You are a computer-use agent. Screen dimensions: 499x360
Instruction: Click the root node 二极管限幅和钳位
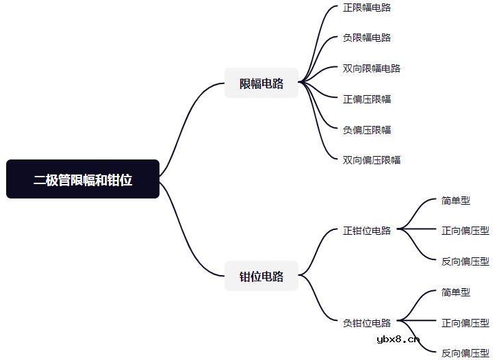click(x=83, y=179)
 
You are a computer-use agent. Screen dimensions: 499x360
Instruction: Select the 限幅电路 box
click(x=261, y=83)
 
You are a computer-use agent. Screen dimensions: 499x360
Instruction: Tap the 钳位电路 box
click(x=261, y=276)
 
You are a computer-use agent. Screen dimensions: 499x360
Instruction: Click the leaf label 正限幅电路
click(x=367, y=8)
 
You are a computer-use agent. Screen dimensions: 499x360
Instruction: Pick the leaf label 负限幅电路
click(x=367, y=38)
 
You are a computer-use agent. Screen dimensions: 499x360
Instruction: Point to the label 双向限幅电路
click(x=372, y=68)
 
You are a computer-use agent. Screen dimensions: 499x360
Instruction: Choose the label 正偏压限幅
click(x=367, y=99)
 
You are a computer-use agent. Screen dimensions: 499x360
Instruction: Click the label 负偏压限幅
click(x=367, y=130)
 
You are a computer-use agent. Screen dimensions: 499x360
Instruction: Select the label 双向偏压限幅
click(x=372, y=159)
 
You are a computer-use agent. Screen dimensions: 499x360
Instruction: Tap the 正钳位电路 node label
click(x=367, y=231)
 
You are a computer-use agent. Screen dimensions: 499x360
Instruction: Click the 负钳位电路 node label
click(x=367, y=323)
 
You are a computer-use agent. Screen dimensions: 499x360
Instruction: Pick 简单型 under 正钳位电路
click(x=455, y=201)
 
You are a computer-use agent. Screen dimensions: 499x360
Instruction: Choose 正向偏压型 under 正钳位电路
click(x=465, y=231)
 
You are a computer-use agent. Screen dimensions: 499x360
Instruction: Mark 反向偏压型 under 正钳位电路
click(x=465, y=261)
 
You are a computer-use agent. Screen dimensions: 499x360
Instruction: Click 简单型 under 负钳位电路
click(x=455, y=292)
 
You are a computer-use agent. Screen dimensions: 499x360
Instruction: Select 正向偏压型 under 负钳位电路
click(x=465, y=323)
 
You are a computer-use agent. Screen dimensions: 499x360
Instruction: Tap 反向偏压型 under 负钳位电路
click(x=465, y=353)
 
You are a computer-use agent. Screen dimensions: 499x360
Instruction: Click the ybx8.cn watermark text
click(x=398, y=339)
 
